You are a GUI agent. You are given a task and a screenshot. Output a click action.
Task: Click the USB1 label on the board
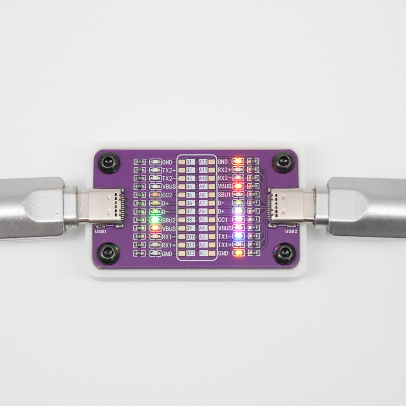point(100,231)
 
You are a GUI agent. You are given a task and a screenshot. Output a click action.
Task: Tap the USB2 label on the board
point(291,231)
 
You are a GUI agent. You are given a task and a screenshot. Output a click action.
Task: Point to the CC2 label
point(167,195)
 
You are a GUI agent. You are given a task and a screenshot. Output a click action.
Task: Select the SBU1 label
point(225,194)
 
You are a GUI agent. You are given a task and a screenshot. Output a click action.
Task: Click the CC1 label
point(223,220)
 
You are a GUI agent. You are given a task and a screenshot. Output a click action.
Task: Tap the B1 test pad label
point(190,161)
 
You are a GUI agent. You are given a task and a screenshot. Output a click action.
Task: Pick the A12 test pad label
point(203,161)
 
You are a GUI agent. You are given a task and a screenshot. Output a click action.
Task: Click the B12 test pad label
point(190,253)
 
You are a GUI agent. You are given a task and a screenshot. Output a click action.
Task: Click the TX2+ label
point(169,170)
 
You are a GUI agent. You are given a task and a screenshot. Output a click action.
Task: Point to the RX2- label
point(224,178)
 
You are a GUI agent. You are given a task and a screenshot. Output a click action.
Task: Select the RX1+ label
point(169,245)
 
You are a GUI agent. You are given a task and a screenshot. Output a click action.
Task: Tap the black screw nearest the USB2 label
point(283,252)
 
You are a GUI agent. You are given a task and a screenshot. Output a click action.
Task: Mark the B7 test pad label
point(190,211)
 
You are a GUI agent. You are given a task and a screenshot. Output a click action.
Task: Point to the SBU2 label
point(170,220)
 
